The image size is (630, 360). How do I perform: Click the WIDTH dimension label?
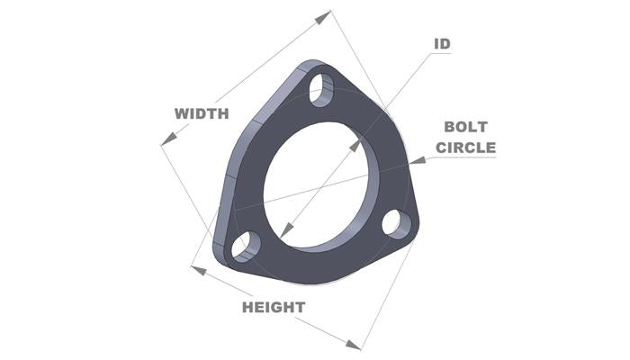coord(202,113)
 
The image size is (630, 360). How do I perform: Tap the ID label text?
coord(442,43)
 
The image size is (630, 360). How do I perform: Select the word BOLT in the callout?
coord(465,128)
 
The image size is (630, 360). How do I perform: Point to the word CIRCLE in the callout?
coord(465,147)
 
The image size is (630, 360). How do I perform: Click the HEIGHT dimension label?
coord(274,307)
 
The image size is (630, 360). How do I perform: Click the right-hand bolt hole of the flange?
coord(394,223)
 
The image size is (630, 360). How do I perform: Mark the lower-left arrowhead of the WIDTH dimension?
coord(166,140)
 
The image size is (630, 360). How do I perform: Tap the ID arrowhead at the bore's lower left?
coord(283,232)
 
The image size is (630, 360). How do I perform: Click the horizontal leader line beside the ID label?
coord(438,54)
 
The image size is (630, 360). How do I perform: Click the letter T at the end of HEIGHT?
coord(299,307)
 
